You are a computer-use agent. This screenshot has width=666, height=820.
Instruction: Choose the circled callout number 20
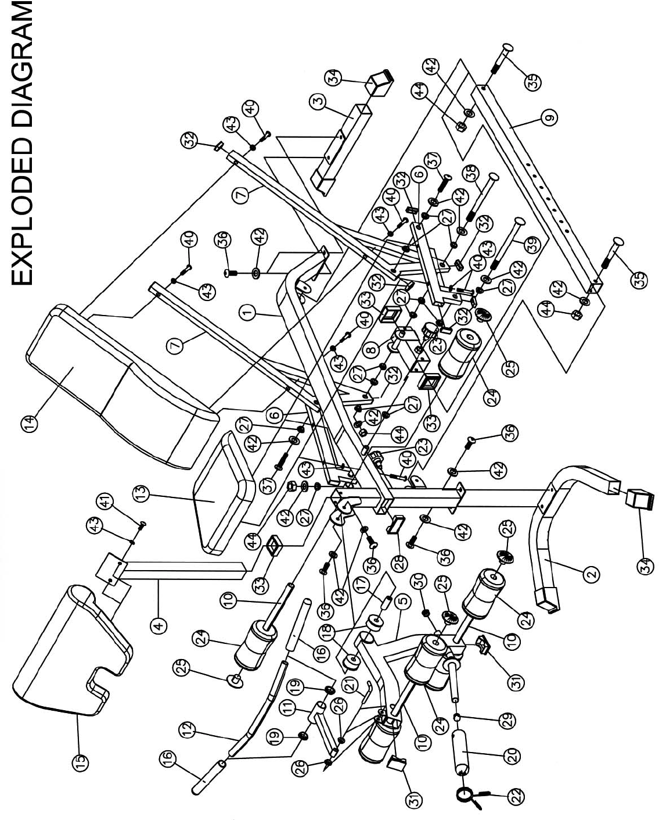pyautogui.click(x=513, y=756)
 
